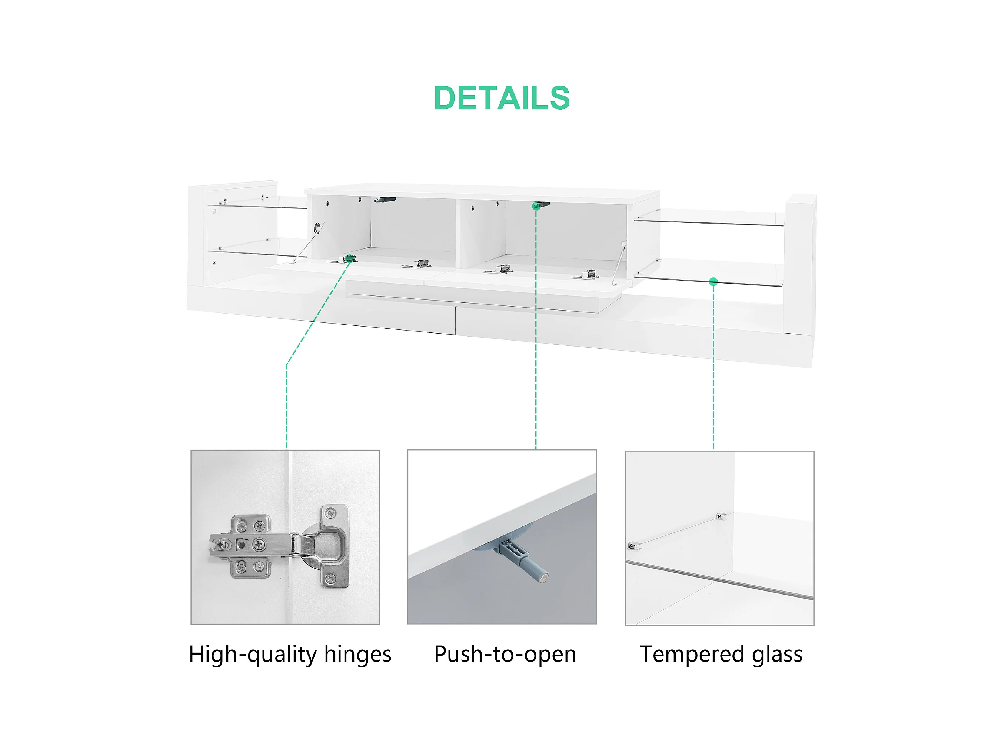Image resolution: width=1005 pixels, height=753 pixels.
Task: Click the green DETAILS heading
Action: tap(502, 98)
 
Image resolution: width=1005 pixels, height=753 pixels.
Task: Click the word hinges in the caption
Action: tap(357, 655)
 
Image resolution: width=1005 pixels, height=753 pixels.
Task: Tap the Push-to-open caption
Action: tap(505, 655)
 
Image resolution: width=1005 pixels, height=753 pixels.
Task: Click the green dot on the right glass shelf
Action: tap(713, 282)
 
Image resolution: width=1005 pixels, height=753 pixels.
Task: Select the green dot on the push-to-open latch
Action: tap(536, 207)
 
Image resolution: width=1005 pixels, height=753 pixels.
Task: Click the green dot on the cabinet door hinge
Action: tap(349, 258)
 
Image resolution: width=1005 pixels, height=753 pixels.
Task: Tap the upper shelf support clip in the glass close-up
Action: tap(721, 516)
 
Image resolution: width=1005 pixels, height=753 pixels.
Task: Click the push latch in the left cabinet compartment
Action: tap(385, 200)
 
